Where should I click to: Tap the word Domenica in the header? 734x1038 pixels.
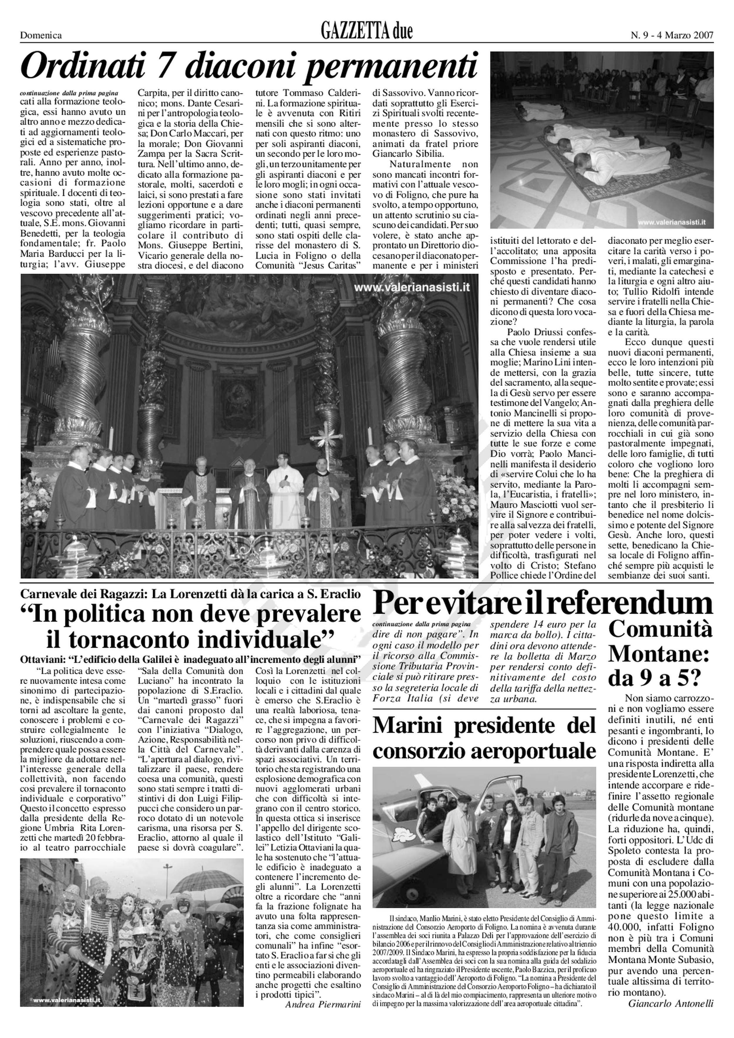coord(41,35)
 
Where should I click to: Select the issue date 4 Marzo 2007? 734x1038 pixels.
coord(685,35)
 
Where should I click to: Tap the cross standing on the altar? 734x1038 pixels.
coord(325,436)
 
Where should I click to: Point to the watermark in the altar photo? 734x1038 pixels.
coord(411,287)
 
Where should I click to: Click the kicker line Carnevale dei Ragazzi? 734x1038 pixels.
coord(190,594)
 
